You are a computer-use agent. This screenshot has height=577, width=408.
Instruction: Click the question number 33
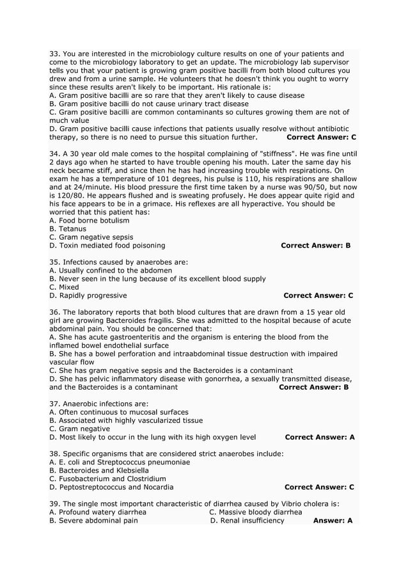pos(54,54)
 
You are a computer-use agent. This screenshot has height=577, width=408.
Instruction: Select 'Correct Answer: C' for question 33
pos(321,137)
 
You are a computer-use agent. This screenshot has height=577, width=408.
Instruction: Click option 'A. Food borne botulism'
pos(89,221)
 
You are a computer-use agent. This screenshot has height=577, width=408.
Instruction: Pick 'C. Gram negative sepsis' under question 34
pos(91,237)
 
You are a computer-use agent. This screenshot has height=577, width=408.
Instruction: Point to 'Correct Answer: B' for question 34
pos(315,246)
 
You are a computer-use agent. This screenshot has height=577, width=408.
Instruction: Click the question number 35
pos(54,262)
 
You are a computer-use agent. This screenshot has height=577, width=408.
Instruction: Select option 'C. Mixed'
pos(64,287)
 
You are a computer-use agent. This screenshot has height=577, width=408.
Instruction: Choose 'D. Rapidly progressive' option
pos(88,296)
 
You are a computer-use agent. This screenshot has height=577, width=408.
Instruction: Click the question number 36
pos(54,312)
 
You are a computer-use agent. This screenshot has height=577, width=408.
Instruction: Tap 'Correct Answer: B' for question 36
pos(314,387)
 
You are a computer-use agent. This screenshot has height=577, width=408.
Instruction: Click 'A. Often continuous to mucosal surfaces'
pos(118,413)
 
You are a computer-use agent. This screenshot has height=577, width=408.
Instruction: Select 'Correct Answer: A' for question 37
pos(319,438)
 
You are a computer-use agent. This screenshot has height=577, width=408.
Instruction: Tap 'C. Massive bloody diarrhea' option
pos(255,512)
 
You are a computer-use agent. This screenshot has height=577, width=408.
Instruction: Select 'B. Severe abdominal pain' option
pos(93,521)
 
